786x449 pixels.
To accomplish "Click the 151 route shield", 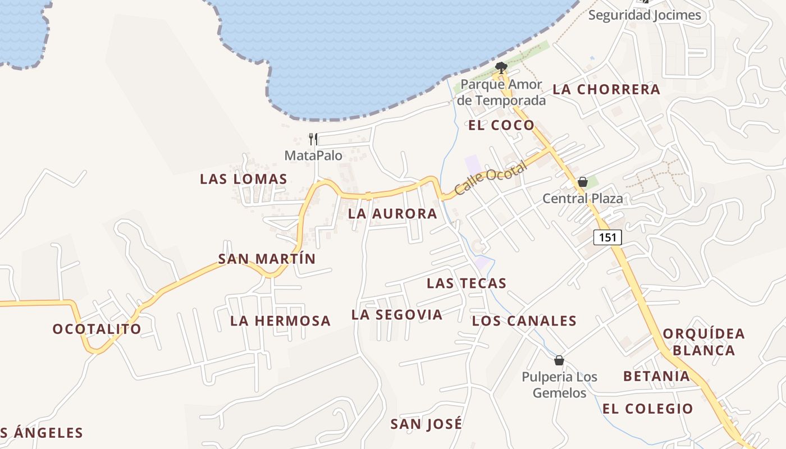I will pyautogui.click(x=607, y=237).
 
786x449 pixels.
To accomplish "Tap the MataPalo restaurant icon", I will pyautogui.click(x=313, y=139).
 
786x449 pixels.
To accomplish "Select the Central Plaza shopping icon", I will pyautogui.click(x=583, y=182).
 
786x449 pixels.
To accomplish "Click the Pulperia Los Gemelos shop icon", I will pyautogui.click(x=559, y=360).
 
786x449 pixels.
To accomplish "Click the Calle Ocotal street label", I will pyautogui.click(x=491, y=178).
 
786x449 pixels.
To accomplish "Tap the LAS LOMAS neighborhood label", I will pyautogui.click(x=244, y=179).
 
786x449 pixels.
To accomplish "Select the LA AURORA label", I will pyautogui.click(x=392, y=214).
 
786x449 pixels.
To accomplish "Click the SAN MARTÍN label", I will pyautogui.click(x=267, y=259).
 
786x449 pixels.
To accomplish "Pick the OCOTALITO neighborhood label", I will pyautogui.click(x=97, y=329).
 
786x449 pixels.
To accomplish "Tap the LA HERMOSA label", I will pyautogui.click(x=280, y=321).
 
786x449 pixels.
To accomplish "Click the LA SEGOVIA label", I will pyautogui.click(x=397, y=315).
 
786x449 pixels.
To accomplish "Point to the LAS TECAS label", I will pyautogui.click(x=467, y=283).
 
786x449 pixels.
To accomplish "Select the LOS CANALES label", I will pyautogui.click(x=524, y=321).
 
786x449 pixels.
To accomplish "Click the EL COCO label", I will pyautogui.click(x=501, y=125).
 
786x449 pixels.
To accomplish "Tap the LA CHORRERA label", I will pyautogui.click(x=606, y=89).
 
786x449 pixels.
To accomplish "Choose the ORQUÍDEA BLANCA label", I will pyautogui.click(x=703, y=342).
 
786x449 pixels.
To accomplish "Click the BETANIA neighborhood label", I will pyautogui.click(x=656, y=376).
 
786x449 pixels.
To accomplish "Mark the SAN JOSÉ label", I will pyautogui.click(x=427, y=424).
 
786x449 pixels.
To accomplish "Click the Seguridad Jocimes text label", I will pyautogui.click(x=645, y=15).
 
